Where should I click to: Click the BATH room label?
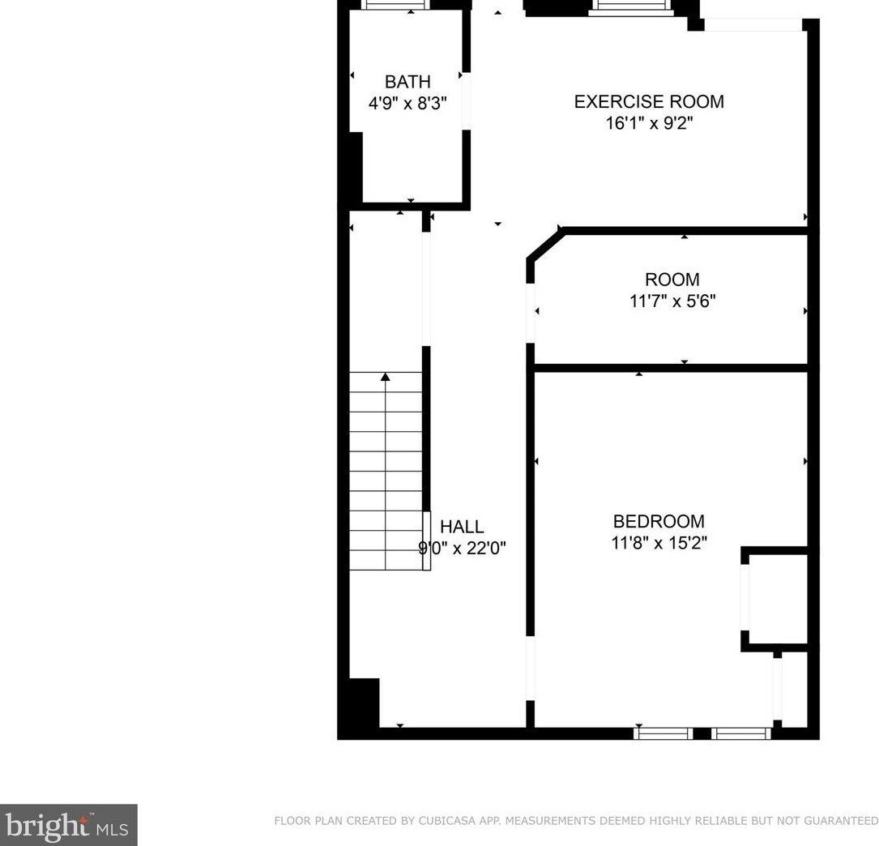coord(407,82)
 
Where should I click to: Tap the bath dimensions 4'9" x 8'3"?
coord(407,104)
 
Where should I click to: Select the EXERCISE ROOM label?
coord(649,101)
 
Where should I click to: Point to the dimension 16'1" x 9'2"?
coord(649,123)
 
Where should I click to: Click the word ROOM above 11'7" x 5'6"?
coord(672,280)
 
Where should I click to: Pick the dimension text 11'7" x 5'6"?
coord(672,301)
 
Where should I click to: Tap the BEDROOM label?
coord(659,521)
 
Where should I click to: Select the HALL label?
coord(462,527)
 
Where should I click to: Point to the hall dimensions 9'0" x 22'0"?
coord(462,549)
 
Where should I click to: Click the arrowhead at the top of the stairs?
coord(386,376)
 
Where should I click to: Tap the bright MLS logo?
coord(68,825)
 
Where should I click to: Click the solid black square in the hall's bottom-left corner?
coord(364,703)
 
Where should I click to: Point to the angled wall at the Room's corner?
coord(545,245)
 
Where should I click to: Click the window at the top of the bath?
coord(396,5)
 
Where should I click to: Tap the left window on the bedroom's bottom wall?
coord(663,733)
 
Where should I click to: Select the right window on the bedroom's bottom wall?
coord(741,733)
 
